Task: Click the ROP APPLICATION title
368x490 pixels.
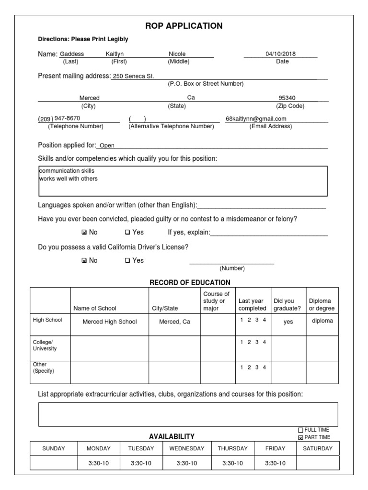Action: (184, 26)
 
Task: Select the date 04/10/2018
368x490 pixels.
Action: (280, 54)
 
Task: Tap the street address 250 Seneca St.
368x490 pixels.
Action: (133, 77)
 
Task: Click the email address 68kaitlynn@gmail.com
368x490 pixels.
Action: (256, 119)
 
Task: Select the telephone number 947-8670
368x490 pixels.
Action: (68, 118)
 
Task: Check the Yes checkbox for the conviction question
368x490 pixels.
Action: (127, 233)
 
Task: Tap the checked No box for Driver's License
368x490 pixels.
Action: (84, 261)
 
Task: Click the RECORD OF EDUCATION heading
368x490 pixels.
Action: (190, 283)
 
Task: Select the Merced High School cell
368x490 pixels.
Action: (110, 322)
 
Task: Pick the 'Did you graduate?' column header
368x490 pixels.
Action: (287, 305)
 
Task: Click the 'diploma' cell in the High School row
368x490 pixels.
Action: (322, 321)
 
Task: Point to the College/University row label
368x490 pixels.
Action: (45, 345)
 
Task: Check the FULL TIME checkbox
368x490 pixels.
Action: (300, 430)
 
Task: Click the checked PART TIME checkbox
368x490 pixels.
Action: (300, 437)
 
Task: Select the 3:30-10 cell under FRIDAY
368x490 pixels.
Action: (275, 463)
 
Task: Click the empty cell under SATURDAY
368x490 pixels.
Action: (318, 463)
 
